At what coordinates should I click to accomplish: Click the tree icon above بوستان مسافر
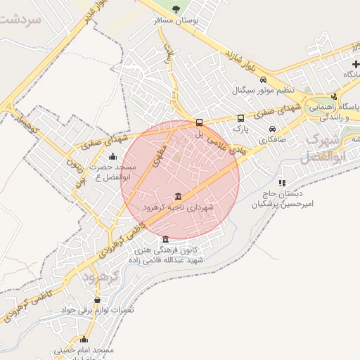[x=176, y=9]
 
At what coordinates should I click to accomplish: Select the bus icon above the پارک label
[x=240, y=118]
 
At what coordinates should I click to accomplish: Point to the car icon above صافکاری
[x=272, y=129]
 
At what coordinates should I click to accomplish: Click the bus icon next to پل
[x=200, y=121]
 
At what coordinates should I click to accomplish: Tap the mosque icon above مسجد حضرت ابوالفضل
[x=112, y=156]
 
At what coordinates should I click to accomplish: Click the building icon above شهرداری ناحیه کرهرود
[x=177, y=196]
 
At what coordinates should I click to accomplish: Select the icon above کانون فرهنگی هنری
[x=165, y=239]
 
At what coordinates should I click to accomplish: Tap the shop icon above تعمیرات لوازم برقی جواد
[x=107, y=300]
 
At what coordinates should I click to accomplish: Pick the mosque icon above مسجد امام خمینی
[x=84, y=339]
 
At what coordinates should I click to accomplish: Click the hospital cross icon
[x=356, y=65]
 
